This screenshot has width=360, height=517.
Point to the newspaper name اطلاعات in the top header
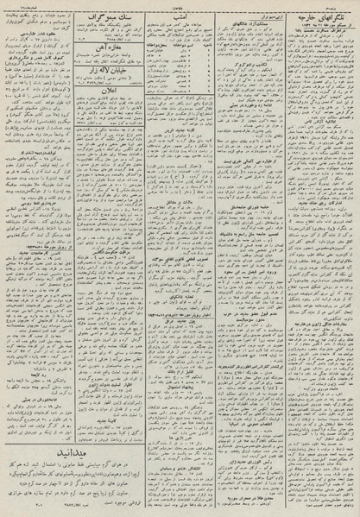point(179,5)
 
